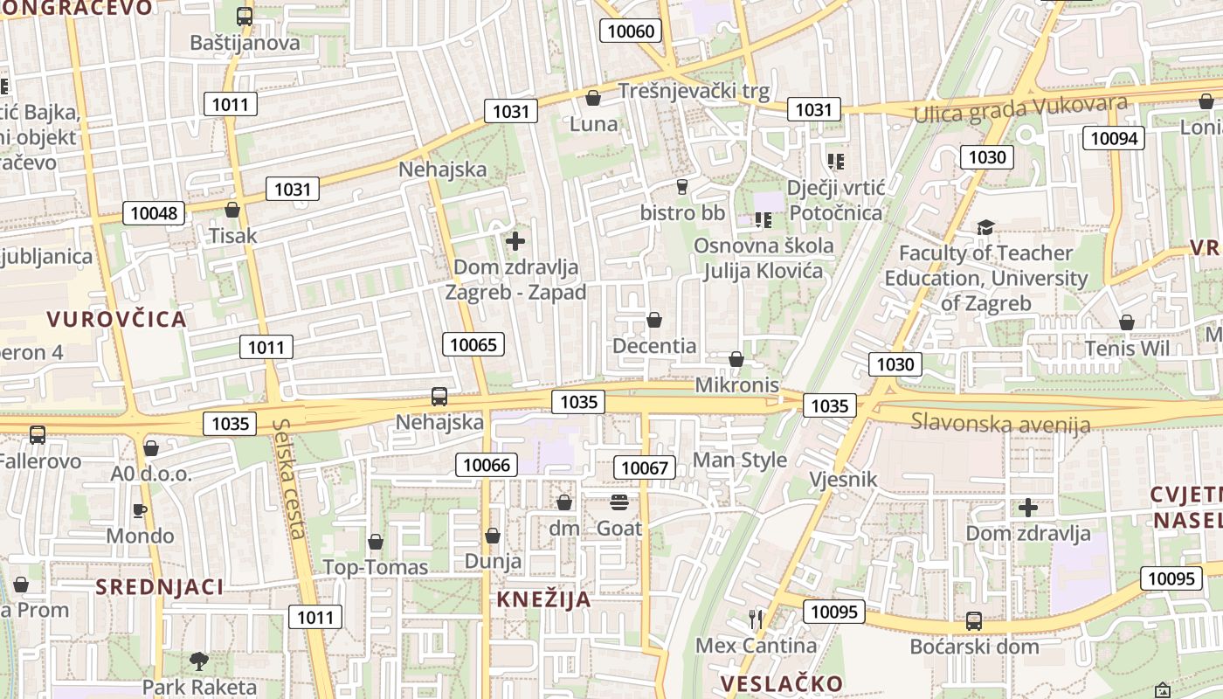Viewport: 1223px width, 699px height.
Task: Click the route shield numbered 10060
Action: point(630,31)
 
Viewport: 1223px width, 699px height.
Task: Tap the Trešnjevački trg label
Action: point(694,91)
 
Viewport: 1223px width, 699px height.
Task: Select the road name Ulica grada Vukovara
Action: point(1020,109)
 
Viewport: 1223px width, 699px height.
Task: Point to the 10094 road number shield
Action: point(1114,138)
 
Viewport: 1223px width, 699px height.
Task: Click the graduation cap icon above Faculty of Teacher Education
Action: point(985,228)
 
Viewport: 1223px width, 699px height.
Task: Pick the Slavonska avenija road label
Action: point(1000,424)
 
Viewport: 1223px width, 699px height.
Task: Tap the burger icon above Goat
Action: point(619,502)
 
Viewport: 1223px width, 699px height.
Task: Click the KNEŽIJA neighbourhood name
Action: point(544,599)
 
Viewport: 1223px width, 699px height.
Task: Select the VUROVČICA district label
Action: point(117,319)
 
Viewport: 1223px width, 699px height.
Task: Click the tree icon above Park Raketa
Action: point(199,661)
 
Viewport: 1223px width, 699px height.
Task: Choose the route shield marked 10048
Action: point(153,212)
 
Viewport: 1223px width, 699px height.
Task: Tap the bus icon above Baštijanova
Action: point(245,16)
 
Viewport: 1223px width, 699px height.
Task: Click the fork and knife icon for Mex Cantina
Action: point(756,619)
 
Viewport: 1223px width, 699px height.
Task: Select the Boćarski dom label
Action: point(974,647)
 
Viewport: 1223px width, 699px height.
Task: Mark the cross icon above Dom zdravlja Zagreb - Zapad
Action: point(515,241)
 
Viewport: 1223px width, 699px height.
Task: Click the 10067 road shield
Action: point(645,467)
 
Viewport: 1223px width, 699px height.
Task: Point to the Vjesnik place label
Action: point(842,479)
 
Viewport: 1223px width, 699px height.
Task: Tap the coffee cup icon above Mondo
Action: point(140,510)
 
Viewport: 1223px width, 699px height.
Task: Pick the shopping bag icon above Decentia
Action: point(653,321)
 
